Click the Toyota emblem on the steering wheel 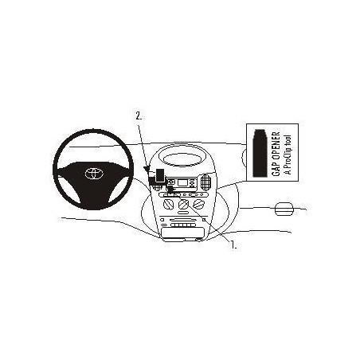click(94, 174)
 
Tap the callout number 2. click(139, 116)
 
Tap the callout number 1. click(233, 245)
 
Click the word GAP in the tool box click(276, 169)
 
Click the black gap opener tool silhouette click(260, 153)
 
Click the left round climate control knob click(168, 205)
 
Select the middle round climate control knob click(183, 205)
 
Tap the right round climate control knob click(198, 205)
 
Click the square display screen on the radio click(182, 182)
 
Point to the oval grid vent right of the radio click(206, 182)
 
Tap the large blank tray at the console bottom click(182, 233)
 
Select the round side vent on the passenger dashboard click(284, 209)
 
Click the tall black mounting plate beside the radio click(160, 175)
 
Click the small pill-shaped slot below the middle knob click(182, 213)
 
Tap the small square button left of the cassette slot click(162, 220)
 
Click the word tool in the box click(288, 139)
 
